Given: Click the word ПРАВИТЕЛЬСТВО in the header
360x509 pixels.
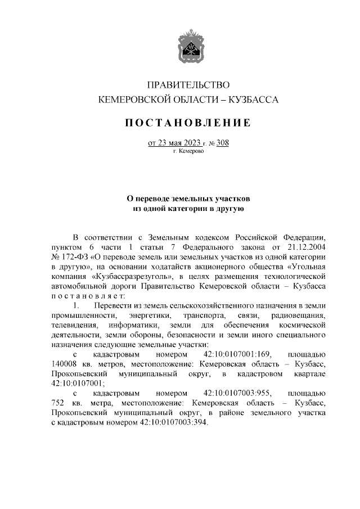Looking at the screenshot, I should coord(188,85).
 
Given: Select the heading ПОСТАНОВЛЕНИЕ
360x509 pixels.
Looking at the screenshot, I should coord(188,123).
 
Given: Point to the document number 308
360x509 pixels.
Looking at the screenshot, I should coord(222,143).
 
